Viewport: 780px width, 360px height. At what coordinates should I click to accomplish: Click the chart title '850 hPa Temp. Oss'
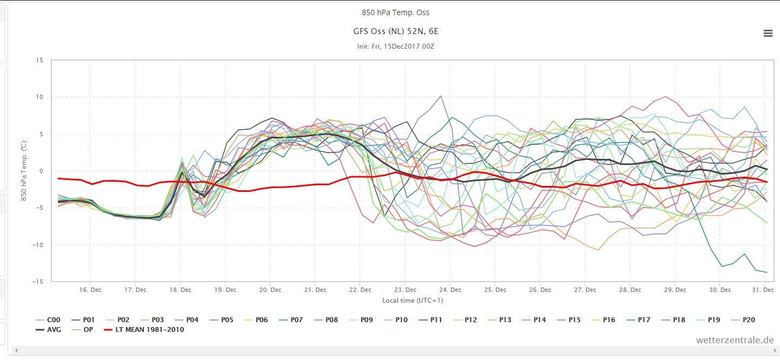396,12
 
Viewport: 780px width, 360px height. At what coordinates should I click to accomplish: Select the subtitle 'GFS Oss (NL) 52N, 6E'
396,31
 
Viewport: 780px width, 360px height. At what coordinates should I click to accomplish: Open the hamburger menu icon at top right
768,33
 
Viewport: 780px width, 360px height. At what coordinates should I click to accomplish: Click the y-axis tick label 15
39,60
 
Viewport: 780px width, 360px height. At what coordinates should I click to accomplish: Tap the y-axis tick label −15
38,281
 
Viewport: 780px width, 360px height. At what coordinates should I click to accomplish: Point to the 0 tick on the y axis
42,171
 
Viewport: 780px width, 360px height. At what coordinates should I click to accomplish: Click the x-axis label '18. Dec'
180,290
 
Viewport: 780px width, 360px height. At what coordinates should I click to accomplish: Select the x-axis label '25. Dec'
495,290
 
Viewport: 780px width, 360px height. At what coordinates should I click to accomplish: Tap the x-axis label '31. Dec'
763,290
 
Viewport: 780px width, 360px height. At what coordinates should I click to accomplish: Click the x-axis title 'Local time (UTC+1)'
412,301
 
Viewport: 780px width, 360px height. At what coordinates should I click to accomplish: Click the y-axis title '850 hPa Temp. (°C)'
24,171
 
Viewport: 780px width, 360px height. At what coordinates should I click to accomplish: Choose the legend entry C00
48,319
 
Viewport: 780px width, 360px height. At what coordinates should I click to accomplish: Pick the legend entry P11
431,319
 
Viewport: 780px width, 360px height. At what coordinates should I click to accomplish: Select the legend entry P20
743,319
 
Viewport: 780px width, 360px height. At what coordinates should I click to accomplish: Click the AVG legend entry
49,329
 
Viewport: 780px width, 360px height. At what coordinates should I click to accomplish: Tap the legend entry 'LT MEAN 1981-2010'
144,329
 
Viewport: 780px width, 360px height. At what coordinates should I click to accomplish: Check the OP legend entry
83,329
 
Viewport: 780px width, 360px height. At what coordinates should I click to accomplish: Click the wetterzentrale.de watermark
735,340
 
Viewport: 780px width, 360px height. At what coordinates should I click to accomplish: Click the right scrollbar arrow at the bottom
775,351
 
